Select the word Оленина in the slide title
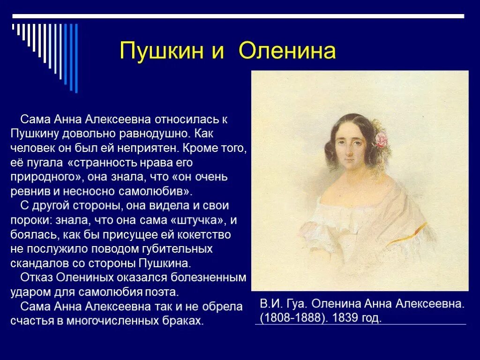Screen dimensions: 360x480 coord(287,51)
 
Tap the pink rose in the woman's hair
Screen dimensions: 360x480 coord(382,139)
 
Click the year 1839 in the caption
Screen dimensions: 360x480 coord(345,318)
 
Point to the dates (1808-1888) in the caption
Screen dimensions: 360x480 coord(293,318)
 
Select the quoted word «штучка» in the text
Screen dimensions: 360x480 coord(197,220)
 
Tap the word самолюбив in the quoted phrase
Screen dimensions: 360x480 coord(157,191)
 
